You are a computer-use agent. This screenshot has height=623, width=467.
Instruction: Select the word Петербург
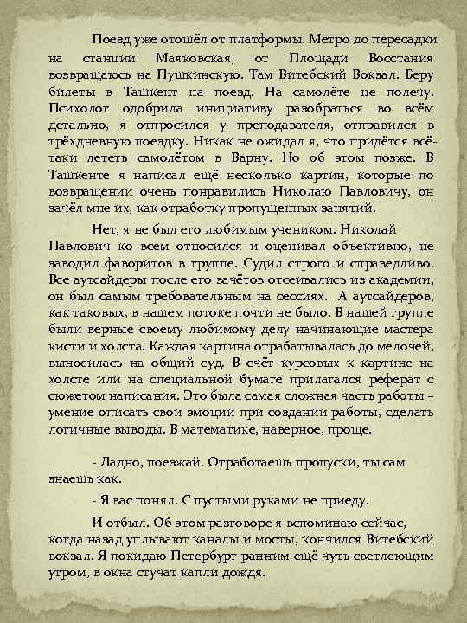pyautogui.click(x=243, y=556)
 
